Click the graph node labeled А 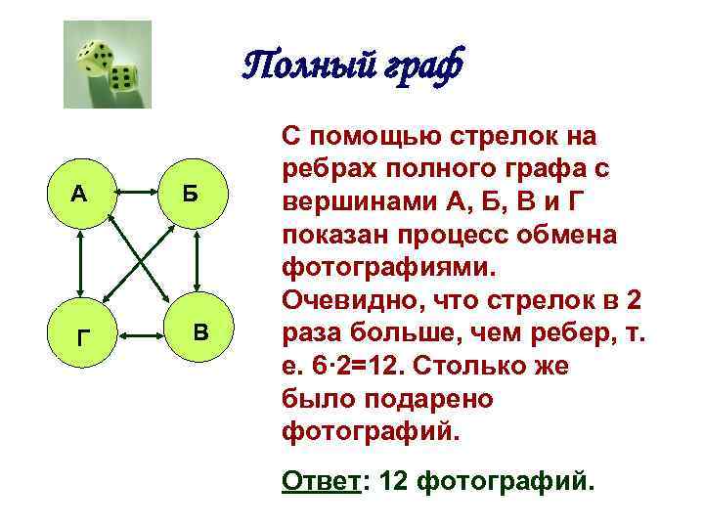point(78,193)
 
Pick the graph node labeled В point(200,332)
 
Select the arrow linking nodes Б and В point(198,263)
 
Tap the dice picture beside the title point(107,65)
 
